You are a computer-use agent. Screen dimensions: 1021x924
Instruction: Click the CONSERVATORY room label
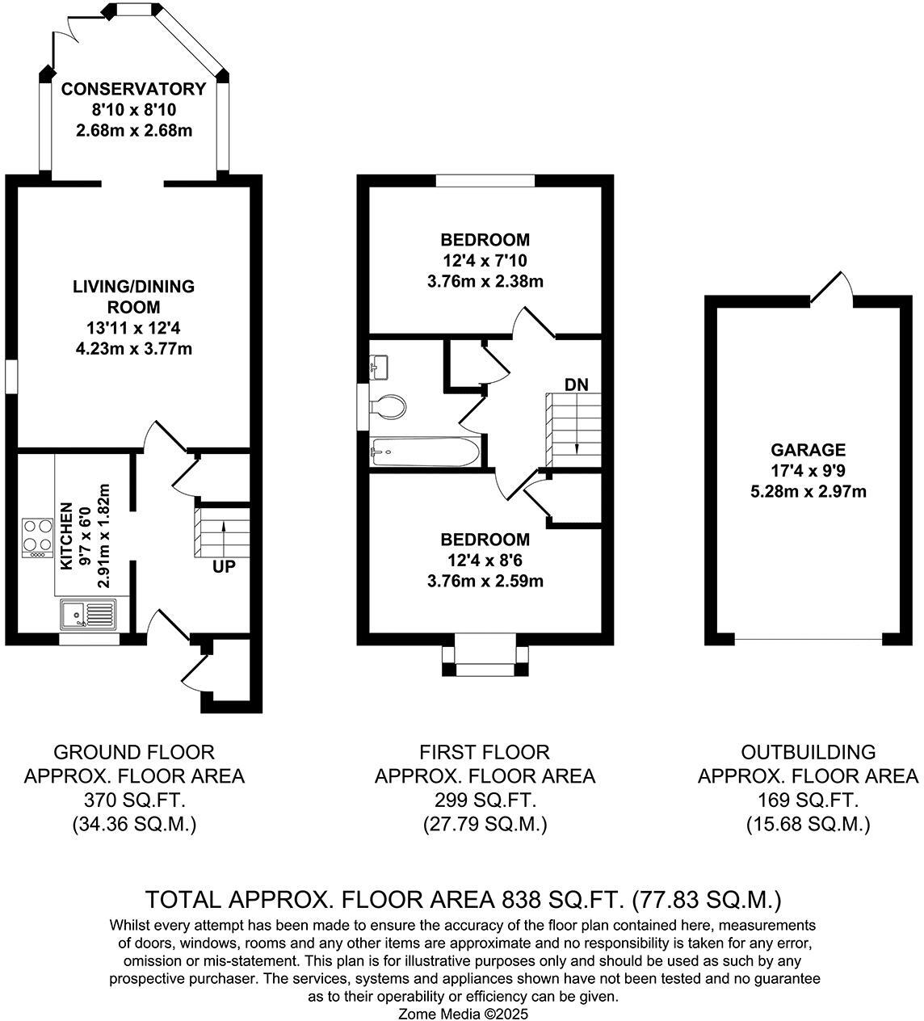point(133,89)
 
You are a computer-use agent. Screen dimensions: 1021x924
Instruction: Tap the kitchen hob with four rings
point(36,536)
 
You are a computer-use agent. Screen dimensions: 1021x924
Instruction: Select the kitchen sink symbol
point(87,615)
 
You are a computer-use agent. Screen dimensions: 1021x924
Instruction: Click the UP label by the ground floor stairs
point(224,567)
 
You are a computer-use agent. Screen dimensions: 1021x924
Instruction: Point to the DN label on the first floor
point(576,384)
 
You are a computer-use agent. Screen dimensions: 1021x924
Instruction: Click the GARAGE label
point(808,450)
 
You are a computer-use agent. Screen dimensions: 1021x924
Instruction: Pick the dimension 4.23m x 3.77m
point(133,349)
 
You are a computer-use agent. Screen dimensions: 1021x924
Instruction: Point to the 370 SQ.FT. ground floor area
point(133,800)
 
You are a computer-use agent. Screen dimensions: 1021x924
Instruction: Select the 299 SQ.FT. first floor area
point(485,800)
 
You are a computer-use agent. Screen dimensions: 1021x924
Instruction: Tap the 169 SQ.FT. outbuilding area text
point(808,800)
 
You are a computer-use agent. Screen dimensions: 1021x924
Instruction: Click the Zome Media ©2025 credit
point(464,1013)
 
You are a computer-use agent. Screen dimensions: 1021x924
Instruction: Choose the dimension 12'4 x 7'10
point(485,261)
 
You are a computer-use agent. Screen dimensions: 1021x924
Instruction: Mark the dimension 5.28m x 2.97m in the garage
point(808,491)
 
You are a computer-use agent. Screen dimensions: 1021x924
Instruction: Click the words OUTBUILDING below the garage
point(808,752)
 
